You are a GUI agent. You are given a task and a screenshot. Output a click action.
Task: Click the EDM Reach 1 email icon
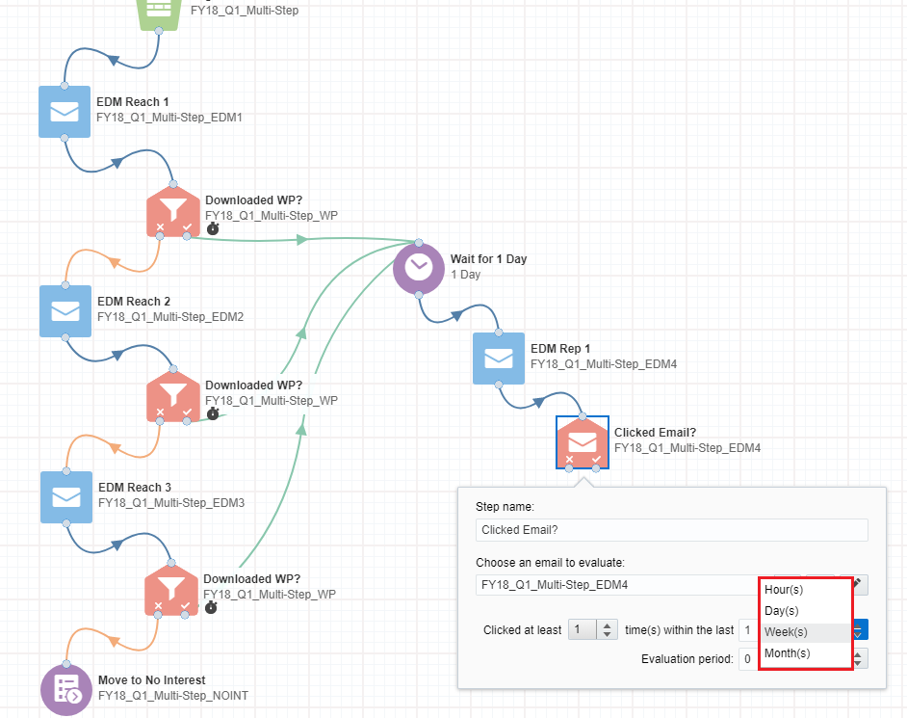coord(65,112)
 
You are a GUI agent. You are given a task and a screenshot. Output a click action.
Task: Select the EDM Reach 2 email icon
coord(65,311)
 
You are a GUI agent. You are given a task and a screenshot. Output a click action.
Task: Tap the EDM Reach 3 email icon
coord(66,496)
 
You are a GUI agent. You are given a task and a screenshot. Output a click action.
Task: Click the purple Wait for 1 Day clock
coord(419,269)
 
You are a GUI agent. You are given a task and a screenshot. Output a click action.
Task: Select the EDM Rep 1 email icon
coord(499,359)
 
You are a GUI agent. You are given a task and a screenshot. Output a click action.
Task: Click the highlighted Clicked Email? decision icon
coord(583,442)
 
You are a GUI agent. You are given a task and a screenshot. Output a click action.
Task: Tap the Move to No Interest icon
coord(66,690)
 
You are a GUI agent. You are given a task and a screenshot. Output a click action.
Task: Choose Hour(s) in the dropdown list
coord(784,590)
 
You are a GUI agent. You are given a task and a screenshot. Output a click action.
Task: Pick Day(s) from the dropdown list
coord(782,611)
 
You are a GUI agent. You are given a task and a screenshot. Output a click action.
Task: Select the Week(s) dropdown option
coord(786,631)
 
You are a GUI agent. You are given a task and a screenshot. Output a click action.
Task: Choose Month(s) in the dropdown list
coord(788,653)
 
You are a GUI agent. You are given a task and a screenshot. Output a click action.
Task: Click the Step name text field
coord(671,530)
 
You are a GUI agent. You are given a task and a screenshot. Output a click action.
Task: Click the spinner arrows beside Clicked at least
coord(607,629)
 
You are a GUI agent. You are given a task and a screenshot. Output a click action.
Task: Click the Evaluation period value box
coord(748,659)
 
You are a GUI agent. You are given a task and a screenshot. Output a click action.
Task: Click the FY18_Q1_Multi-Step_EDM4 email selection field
coord(616,585)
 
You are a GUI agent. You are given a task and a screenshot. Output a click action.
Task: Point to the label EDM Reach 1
coord(133,102)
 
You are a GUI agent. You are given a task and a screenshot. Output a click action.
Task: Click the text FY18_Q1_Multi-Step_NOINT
coord(173,696)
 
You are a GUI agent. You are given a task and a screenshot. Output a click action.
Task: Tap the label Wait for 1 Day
coord(489,259)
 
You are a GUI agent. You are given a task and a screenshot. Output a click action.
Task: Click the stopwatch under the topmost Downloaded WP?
coord(213,228)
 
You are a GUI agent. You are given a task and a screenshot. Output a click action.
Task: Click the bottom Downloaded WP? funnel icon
coord(171,590)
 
